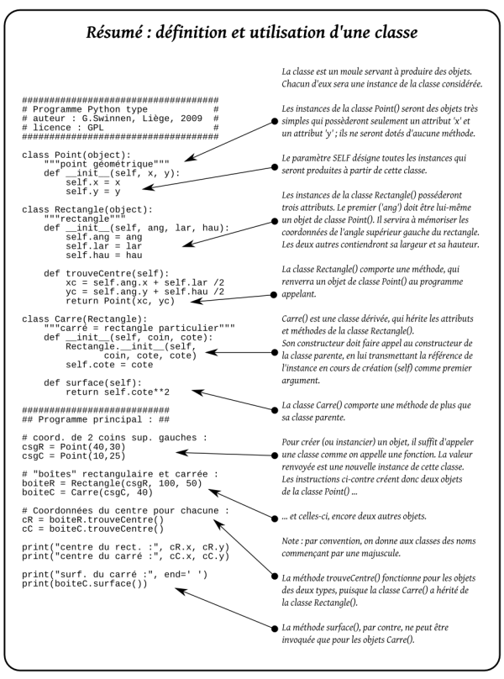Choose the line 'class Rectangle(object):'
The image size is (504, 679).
point(87,208)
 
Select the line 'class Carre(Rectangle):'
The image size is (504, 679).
point(84,318)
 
